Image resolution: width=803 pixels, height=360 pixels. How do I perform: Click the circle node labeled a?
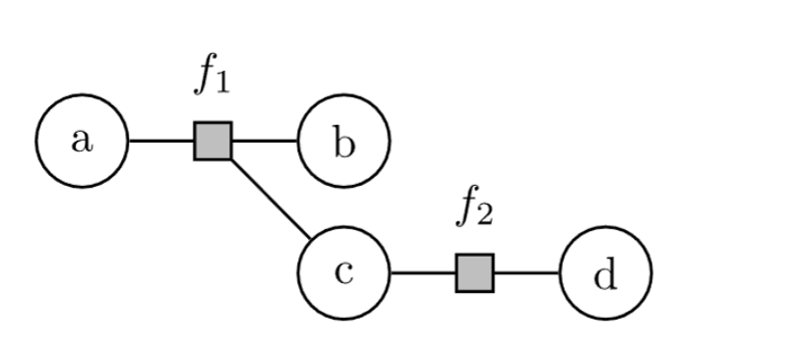click(82, 141)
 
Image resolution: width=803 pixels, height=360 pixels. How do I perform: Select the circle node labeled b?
click(343, 141)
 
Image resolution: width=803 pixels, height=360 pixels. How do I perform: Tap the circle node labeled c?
click(343, 272)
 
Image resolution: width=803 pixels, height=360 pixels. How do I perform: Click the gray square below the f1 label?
click(213, 141)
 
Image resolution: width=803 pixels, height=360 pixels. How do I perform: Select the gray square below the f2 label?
click(474, 272)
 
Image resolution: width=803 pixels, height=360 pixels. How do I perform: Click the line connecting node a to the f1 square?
click(160, 141)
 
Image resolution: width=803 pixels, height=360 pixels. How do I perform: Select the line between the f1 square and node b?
click(264, 141)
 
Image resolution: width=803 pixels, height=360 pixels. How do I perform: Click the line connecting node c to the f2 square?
click(422, 272)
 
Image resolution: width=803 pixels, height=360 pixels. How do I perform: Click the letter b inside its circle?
click(343, 143)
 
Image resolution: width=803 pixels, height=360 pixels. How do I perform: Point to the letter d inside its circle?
click(605, 274)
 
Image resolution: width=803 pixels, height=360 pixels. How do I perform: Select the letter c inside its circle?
click(343, 272)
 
